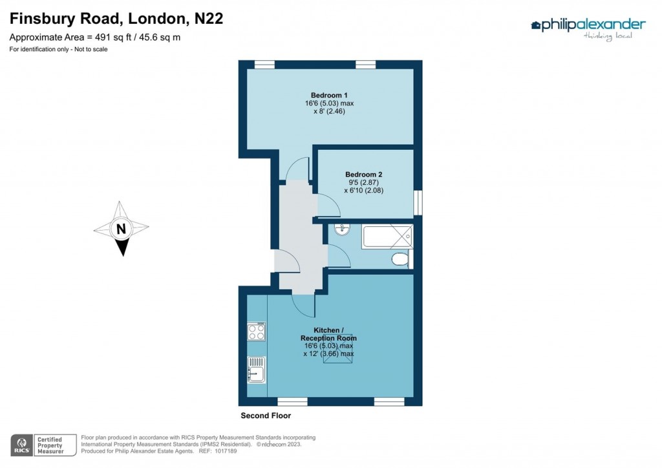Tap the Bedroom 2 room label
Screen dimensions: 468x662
click(363, 175)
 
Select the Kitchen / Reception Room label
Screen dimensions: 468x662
click(328, 334)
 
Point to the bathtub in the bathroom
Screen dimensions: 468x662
click(387, 236)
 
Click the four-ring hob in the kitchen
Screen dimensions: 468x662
click(257, 332)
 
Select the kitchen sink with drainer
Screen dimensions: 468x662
click(257, 370)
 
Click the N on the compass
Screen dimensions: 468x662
click(121, 228)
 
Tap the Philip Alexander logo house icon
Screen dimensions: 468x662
click(535, 26)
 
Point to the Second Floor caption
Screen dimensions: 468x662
click(266, 416)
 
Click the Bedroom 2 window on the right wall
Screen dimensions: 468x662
click(418, 202)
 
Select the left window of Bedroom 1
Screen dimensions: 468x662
click(264, 64)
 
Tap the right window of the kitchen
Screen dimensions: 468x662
click(389, 402)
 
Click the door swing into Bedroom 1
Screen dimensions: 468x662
click(297, 169)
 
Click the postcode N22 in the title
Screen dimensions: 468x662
click(209, 19)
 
